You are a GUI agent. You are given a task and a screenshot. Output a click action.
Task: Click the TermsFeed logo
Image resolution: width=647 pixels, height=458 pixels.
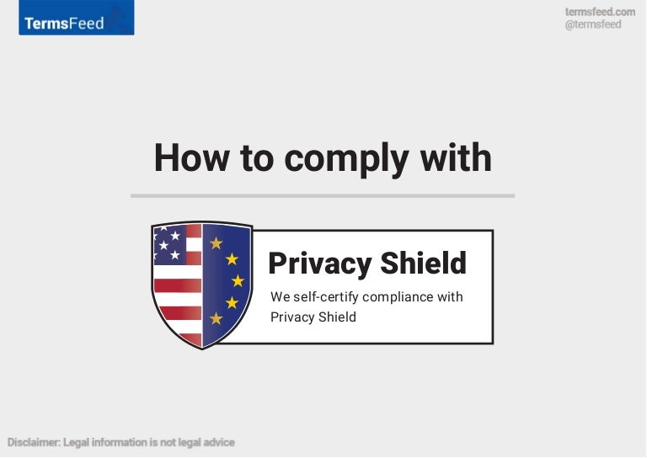coord(76,20)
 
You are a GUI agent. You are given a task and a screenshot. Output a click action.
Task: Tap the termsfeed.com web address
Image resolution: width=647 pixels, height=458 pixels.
coord(600,12)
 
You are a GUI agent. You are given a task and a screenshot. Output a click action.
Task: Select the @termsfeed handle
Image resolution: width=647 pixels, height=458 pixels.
coord(593,24)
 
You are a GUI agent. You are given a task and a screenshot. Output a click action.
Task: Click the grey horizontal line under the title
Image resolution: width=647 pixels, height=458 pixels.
coord(322,195)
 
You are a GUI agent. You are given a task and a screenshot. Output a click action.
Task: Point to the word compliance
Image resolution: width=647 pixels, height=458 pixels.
coord(401,297)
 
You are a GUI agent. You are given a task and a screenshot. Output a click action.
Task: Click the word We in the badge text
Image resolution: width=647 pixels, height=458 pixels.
coord(280,297)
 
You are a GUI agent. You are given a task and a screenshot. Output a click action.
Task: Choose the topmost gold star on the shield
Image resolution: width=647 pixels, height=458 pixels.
coord(217,243)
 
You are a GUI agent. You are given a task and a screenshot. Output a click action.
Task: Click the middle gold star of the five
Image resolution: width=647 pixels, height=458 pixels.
coord(238,280)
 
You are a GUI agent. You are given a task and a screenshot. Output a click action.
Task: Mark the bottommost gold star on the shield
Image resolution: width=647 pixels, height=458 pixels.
coord(217,318)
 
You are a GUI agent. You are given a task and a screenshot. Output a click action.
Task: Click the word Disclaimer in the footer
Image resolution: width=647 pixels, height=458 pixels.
coord(33,442)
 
